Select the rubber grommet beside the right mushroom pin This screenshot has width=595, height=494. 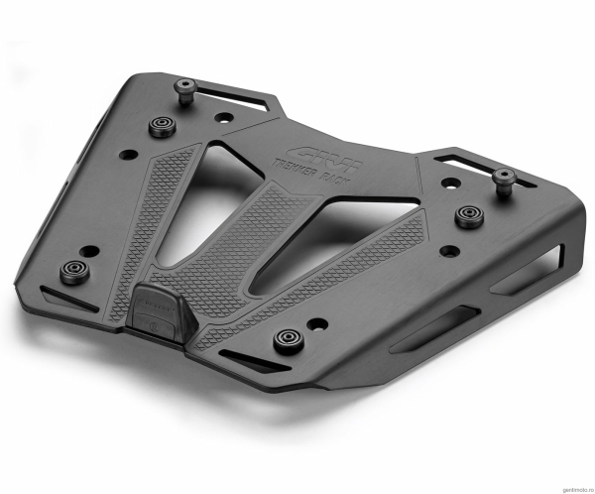pos(467,215)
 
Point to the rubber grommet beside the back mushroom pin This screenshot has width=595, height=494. pos(161,126)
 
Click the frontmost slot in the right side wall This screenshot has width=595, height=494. pos(427,337)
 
